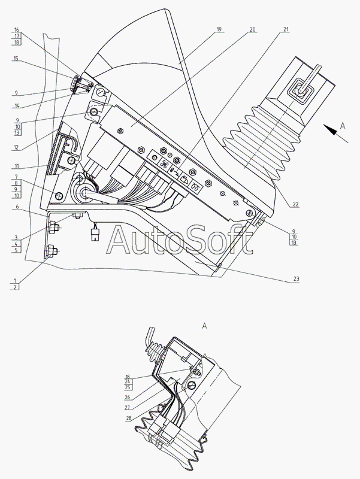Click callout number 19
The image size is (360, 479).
point(219,29)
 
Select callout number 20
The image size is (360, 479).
point(252,29)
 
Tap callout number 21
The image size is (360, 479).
point(286,29)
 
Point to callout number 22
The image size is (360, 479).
point(295,205)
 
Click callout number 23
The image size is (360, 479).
point(296,278)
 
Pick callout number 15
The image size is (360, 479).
point(16,58)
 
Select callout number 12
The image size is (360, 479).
point(16,147)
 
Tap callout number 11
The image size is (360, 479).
point(16,166)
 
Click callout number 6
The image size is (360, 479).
point(17,207)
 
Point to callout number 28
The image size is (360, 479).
point(129,418)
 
